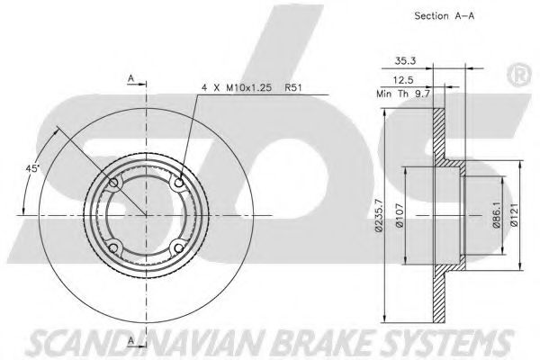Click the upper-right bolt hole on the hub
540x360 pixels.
click(179, 185)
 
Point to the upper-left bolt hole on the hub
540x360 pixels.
click(114, 185)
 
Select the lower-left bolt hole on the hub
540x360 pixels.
click(114, 248)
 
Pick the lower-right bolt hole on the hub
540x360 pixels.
click(179, 248)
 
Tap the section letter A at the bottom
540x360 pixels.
click(131, 339)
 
